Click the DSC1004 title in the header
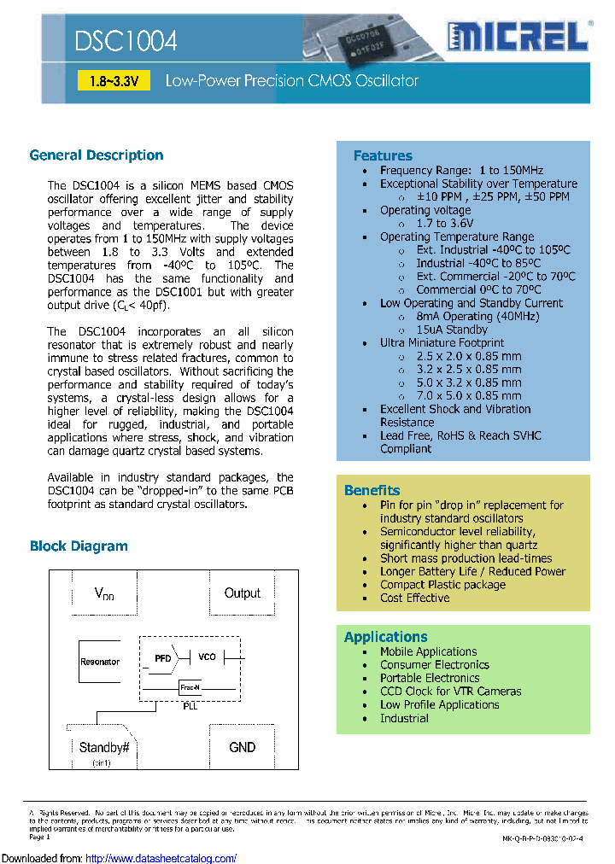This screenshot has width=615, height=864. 126,41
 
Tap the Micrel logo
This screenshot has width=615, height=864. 518,37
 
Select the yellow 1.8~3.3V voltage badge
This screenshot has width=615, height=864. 114,81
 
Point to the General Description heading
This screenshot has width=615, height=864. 97,155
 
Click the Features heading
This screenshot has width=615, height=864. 383,155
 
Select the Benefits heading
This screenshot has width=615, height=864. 372,490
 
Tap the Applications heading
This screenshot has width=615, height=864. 385,637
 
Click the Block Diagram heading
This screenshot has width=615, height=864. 79,546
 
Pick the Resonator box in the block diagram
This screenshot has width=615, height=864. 100,662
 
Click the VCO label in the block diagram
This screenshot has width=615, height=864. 207,657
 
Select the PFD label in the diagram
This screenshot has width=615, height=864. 162,658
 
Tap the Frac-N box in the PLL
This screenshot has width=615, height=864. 190,687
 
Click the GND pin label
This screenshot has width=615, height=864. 242,747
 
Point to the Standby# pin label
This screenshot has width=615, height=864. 103,747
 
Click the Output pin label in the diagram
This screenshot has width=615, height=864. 242,593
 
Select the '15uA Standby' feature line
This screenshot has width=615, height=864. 452,330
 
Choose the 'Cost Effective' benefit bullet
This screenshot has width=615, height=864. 414,598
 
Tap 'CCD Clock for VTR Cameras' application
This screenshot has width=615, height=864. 450,692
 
